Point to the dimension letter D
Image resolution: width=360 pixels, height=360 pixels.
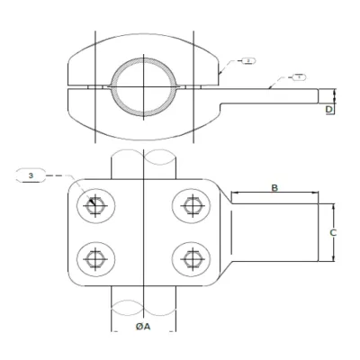point(329,109)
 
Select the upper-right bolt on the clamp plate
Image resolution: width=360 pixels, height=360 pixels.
point(191,206)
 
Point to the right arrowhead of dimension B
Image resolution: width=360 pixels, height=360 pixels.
point(316,193)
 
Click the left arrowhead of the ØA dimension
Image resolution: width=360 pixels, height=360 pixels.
point(112,332)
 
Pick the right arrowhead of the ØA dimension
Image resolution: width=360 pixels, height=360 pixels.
point(175,332)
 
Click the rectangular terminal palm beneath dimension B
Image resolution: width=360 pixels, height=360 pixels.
point(274,233)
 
